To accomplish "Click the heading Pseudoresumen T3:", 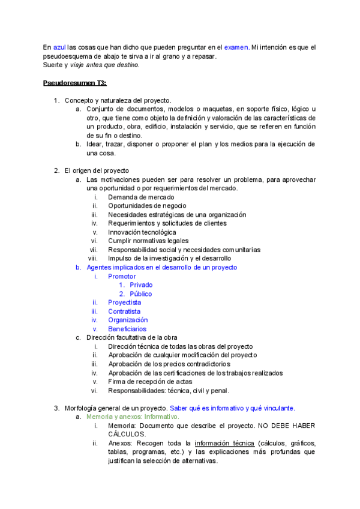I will (74, 82).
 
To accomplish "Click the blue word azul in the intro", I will (59, 47).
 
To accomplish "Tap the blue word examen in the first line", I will (236, 47).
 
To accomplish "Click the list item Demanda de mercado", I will (141, 197).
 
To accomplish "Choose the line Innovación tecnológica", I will (142, 232).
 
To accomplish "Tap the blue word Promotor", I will (122, 276).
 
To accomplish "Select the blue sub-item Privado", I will (141, 285).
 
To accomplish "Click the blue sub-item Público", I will (141, 294).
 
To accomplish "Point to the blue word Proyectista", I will (125, 303).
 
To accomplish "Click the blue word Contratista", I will (124, 312).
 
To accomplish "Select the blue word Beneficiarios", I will (127, 329).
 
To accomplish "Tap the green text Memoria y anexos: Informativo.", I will (133, 417).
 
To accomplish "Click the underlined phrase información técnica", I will (220, 443).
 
